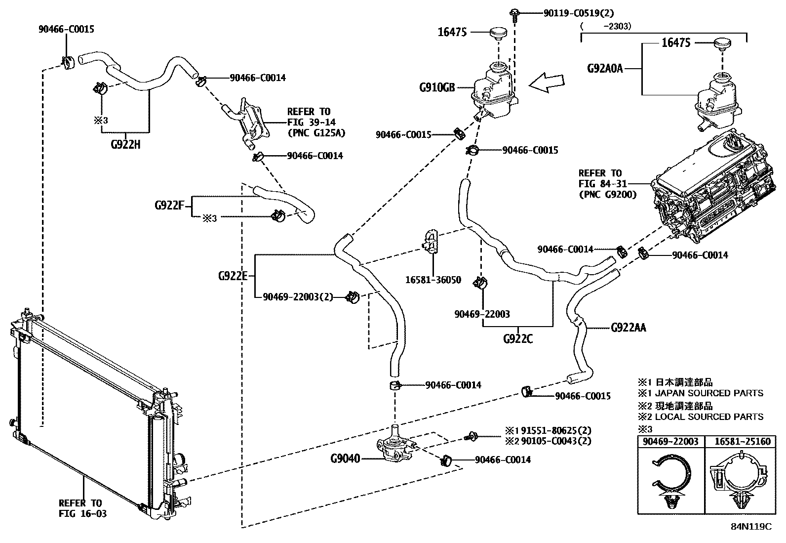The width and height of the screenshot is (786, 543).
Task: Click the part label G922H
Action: [x=125, y=145]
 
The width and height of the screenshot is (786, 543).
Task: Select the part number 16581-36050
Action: [x=433, y=280]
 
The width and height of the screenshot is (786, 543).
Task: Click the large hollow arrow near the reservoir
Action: [x=547, y=83]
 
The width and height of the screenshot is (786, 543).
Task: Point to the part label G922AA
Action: [x=629, y=327]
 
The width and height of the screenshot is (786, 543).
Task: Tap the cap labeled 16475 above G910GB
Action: [x=499, y=35]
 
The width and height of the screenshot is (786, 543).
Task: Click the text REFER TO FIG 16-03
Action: [x=82, y=508]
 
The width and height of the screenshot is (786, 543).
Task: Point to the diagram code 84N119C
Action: [x=751, y=527]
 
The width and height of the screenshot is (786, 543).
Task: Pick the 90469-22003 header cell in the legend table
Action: [x=670, y=441]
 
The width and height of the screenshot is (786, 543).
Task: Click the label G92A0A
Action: [x=605, y=68]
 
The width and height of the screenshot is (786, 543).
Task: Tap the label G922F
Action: [x=169, y=205]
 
